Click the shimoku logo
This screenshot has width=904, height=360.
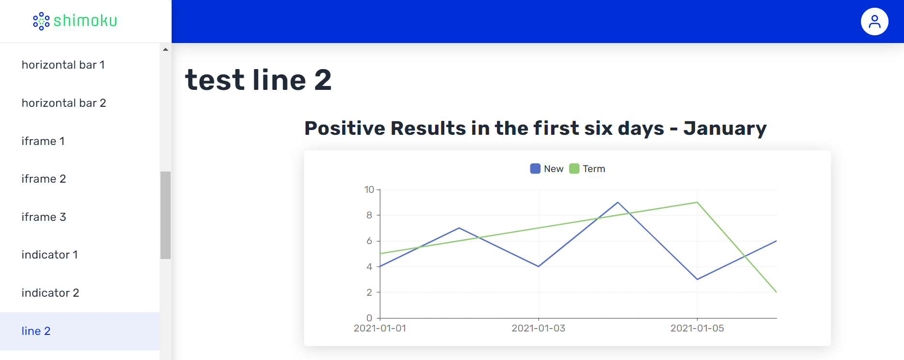pyautogui.click(x=75, y=21)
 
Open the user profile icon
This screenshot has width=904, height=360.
pyautogui.click(x=875, y=22)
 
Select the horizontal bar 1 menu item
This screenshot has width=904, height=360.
pyautogui.click(x=63, y=65)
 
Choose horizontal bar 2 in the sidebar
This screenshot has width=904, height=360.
pyautogui.click(x=64, y=103)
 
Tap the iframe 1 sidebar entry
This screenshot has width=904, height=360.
pyautogui.click(x=43, y=141)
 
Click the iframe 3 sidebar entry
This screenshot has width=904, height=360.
pyautogui.click(x=44, y=217)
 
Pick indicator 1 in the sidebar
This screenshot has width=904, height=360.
pyautogui.click(x=50, y=255)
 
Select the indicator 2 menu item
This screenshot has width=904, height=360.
pyautogui.click(x=50, y=293)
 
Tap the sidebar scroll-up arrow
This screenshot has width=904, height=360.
pyautogui.click(x=165, y=49)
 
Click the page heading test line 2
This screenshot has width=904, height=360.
pyautogui.click(x=258, y=80)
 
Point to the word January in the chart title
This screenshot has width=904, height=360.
pyautogui.click(x=725, y=129)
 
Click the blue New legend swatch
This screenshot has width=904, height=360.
pyautogui.click(x=535, y=169)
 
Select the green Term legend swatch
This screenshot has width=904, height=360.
pyautogui.click(x=574, y=169)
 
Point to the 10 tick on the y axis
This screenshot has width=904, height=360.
pyautogui.click(x=369, y=189)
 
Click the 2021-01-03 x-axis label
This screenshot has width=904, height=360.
pyautogui.click(x=539, y=328)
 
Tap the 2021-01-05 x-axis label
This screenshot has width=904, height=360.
pyautogui.click(x=697, y=328)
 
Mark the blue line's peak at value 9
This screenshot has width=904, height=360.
pyautogui.click(x=618, y=202)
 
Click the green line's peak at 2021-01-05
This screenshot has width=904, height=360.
pyautogui.click(x=697, y=202)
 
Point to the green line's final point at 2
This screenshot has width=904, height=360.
pyautogui.click(x=776, y=292)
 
